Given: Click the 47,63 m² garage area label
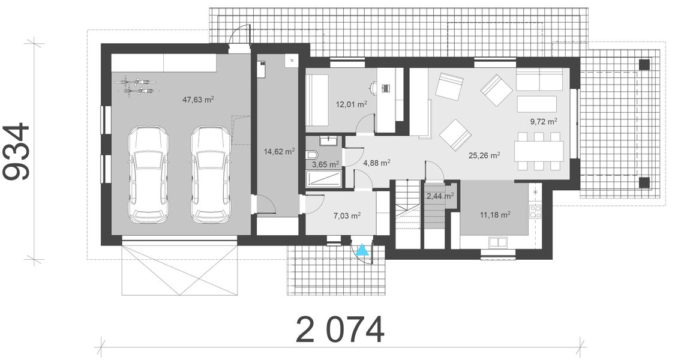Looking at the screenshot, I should pos(199,100).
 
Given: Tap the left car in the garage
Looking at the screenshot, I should pos(148,174).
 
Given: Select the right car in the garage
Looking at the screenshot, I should pos(211,174).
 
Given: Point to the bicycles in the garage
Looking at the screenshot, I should pos(139,85).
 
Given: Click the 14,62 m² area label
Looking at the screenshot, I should pos(279,152).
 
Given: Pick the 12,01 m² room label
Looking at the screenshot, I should pos(352,104).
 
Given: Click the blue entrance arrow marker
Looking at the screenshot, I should pos(362,252).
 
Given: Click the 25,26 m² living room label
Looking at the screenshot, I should pos(484,154).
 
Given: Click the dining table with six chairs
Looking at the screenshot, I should pos(539,150).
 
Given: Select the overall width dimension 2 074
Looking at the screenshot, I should pos(340,329).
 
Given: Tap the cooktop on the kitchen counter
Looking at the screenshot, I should pos(535,211).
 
